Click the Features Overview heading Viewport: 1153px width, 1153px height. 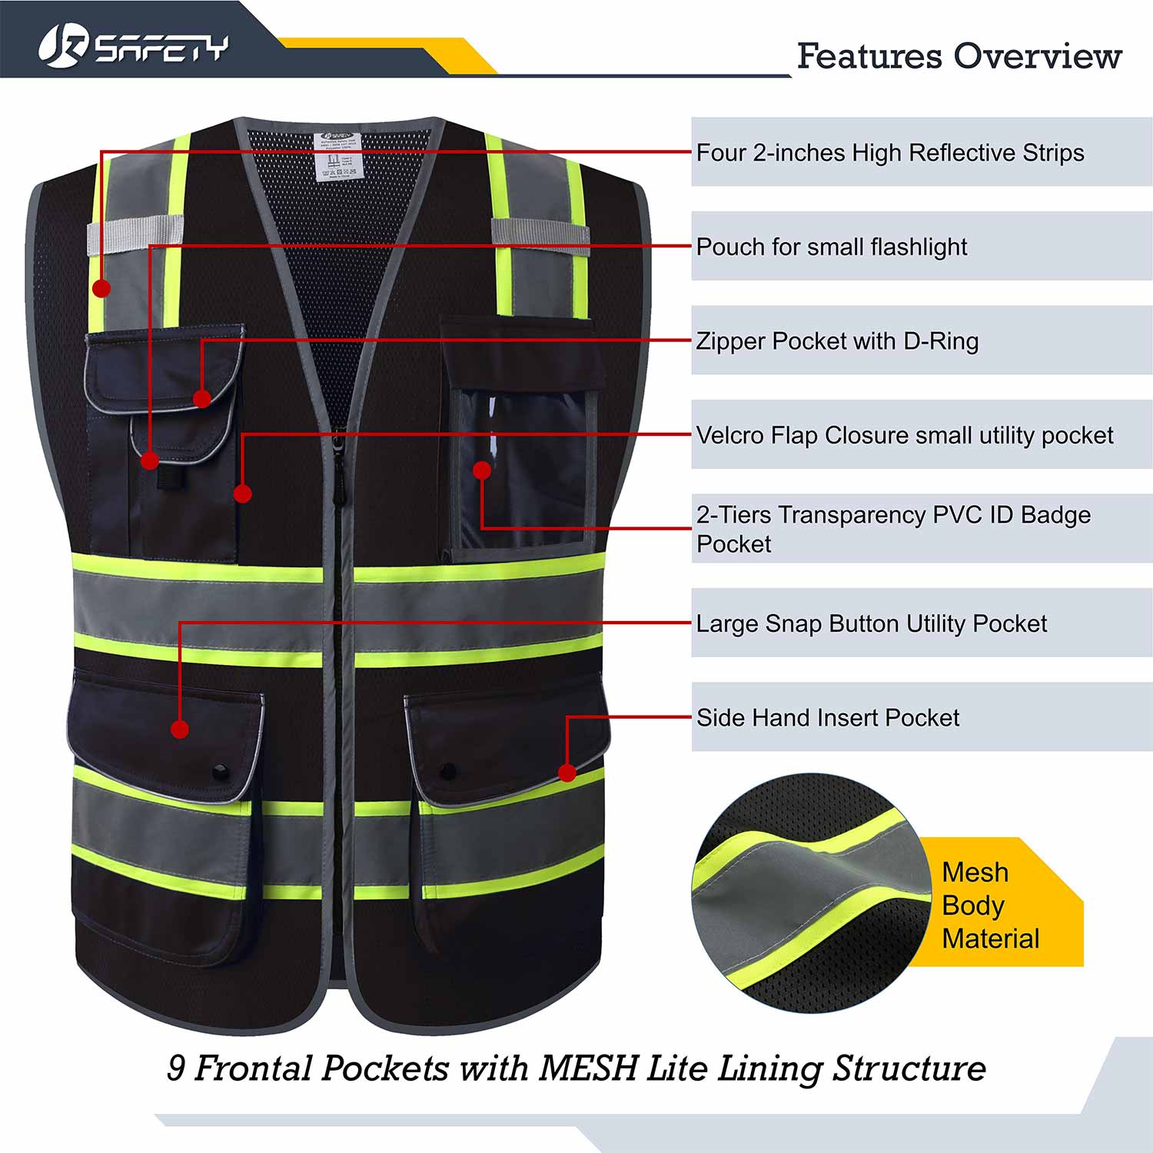(x=959, y=56)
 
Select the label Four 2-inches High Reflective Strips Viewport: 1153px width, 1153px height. (x=889, y=152)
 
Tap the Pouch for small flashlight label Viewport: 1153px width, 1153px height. (x=831, y=247)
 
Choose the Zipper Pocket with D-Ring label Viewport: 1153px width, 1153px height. (x=837, y=341)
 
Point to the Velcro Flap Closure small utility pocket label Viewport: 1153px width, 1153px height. (x=904, y=435)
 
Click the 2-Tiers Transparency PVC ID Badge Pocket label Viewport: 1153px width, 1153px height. (x=892, y=529)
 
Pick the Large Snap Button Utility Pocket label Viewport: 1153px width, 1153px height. (x=871, y=623)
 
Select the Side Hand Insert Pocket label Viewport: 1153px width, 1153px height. (x=827, y=718)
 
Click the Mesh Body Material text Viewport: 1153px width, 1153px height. (x=990, y=905)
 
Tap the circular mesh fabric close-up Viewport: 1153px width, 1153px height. (x=811, y=892)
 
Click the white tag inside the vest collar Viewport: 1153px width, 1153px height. (x=338, y=156)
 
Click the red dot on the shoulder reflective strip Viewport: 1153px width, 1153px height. (x=101, y=288)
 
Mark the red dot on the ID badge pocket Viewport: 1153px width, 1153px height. (x=482, y=470)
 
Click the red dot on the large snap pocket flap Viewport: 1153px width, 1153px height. (x=180, y=729)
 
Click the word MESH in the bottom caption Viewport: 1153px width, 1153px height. (x=588, y=1068)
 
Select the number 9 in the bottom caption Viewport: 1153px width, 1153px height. (x=176, y=1068)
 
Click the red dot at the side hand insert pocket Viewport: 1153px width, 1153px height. (x=567, y=773)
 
